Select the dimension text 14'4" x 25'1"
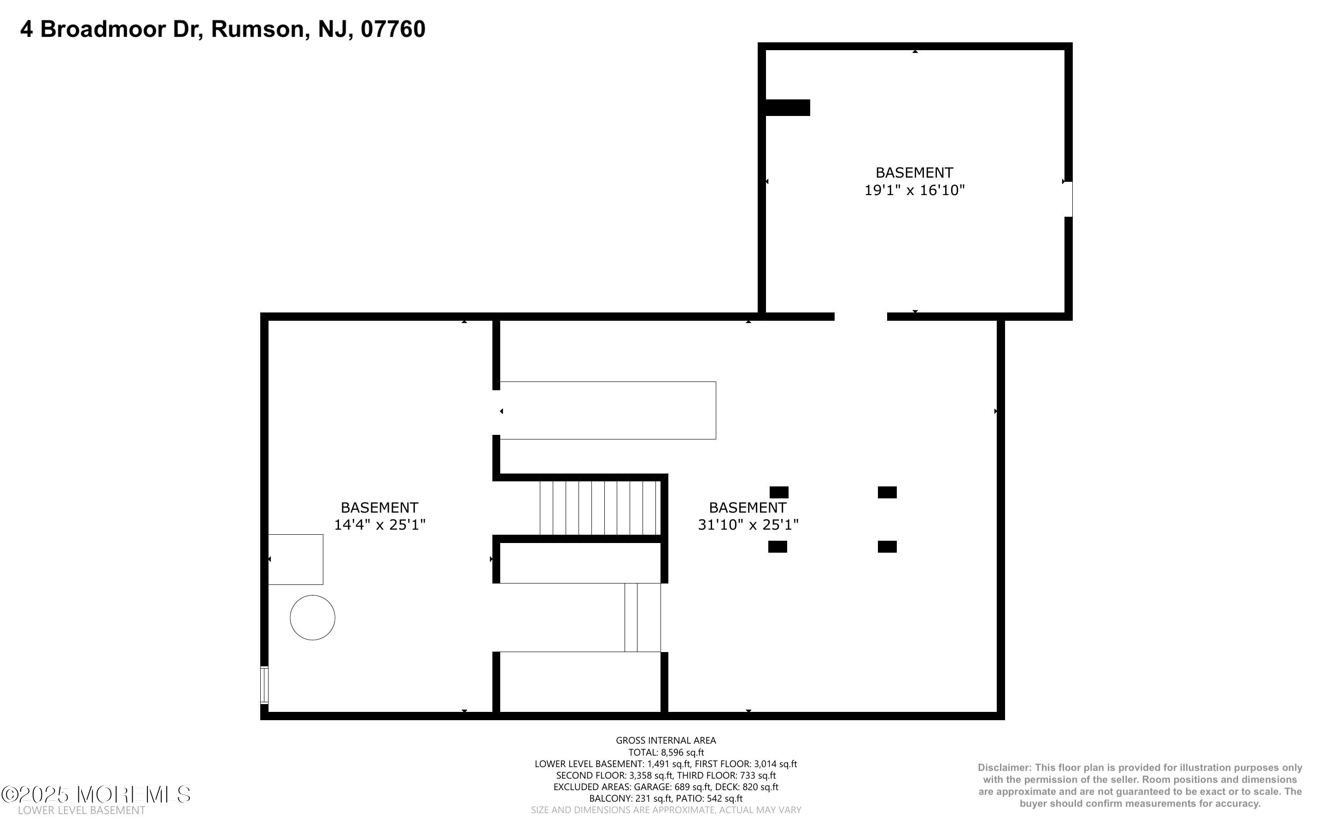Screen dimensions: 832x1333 (380, 525)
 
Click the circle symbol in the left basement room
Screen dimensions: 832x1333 (312, 618)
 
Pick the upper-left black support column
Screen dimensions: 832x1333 (778, 492)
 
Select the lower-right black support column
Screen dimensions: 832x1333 (887, 546)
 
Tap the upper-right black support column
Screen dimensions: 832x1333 (887, 492)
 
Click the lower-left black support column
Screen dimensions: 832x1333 (778, 546)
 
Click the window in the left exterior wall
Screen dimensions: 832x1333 (264, 685)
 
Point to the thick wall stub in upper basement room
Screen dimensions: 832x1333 (787, 108)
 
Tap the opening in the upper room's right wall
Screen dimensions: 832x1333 (1068, 199)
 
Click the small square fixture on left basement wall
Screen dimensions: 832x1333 (296, 559)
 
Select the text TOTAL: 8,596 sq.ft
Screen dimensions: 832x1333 (666, 752)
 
